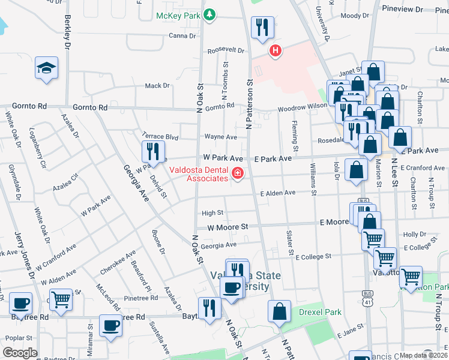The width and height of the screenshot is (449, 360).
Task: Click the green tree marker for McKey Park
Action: point(209,14)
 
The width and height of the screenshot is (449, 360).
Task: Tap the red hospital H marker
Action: point(276,52)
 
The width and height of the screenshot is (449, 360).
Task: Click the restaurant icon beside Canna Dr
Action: point(262,28)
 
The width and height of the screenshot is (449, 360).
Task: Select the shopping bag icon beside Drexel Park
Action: point(280,312)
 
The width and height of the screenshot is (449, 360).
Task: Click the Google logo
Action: point(20,353)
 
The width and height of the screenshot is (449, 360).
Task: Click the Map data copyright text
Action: point(423,355)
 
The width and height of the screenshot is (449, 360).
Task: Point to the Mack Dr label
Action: point(157,86)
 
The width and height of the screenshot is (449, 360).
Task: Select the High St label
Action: point(212,213)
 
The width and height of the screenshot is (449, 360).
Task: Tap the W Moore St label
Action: point(228,227)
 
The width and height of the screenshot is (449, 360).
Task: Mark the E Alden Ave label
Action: point(278,193)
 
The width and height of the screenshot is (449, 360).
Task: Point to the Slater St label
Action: point(289,242)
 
